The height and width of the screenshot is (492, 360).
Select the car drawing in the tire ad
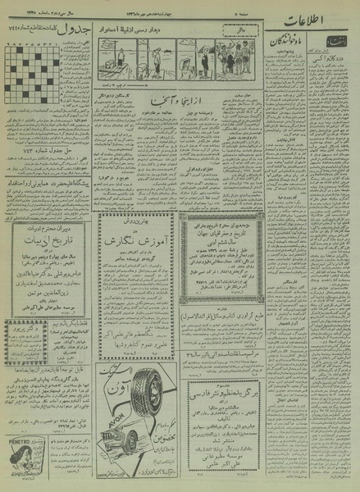(x=120, y=464)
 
